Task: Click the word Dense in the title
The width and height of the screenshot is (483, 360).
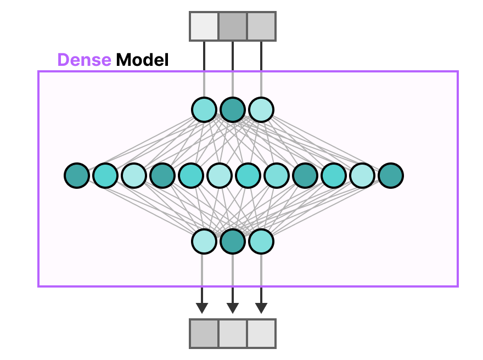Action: click(84, 60)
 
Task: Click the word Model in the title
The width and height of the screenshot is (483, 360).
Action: click(142, 60)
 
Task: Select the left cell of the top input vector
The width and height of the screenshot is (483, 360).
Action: click(204, 26)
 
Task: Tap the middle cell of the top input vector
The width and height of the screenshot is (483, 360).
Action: click(233, 26)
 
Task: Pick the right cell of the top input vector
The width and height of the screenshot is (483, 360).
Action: click(261, 26)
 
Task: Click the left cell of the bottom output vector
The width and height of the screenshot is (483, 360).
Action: click(204, 333)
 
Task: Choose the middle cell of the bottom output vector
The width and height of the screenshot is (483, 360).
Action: click(233, 333)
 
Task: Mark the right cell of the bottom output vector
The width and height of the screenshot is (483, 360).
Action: click(261, 333)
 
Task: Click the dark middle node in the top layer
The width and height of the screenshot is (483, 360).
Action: click(233, 109)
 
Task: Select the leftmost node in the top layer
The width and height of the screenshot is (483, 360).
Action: click(204, 109)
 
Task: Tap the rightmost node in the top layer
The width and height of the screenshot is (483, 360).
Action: click(261, 109)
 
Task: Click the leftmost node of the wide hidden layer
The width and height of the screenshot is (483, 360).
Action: click(77, 176)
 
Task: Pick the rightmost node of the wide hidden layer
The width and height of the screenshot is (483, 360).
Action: click(391, 176)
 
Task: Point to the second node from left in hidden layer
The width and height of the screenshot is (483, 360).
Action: click(105, 176)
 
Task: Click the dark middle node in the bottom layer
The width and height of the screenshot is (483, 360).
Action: click(233, 241)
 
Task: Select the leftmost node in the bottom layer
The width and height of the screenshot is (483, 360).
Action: click(204, 241)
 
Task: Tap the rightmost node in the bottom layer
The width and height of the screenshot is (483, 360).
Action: click(261, 241)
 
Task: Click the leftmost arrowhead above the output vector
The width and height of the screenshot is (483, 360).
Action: click(202, 307)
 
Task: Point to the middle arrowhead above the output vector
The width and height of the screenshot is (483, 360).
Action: click(233, 307)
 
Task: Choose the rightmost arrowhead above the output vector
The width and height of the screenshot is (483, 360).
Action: click(261, 307)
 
